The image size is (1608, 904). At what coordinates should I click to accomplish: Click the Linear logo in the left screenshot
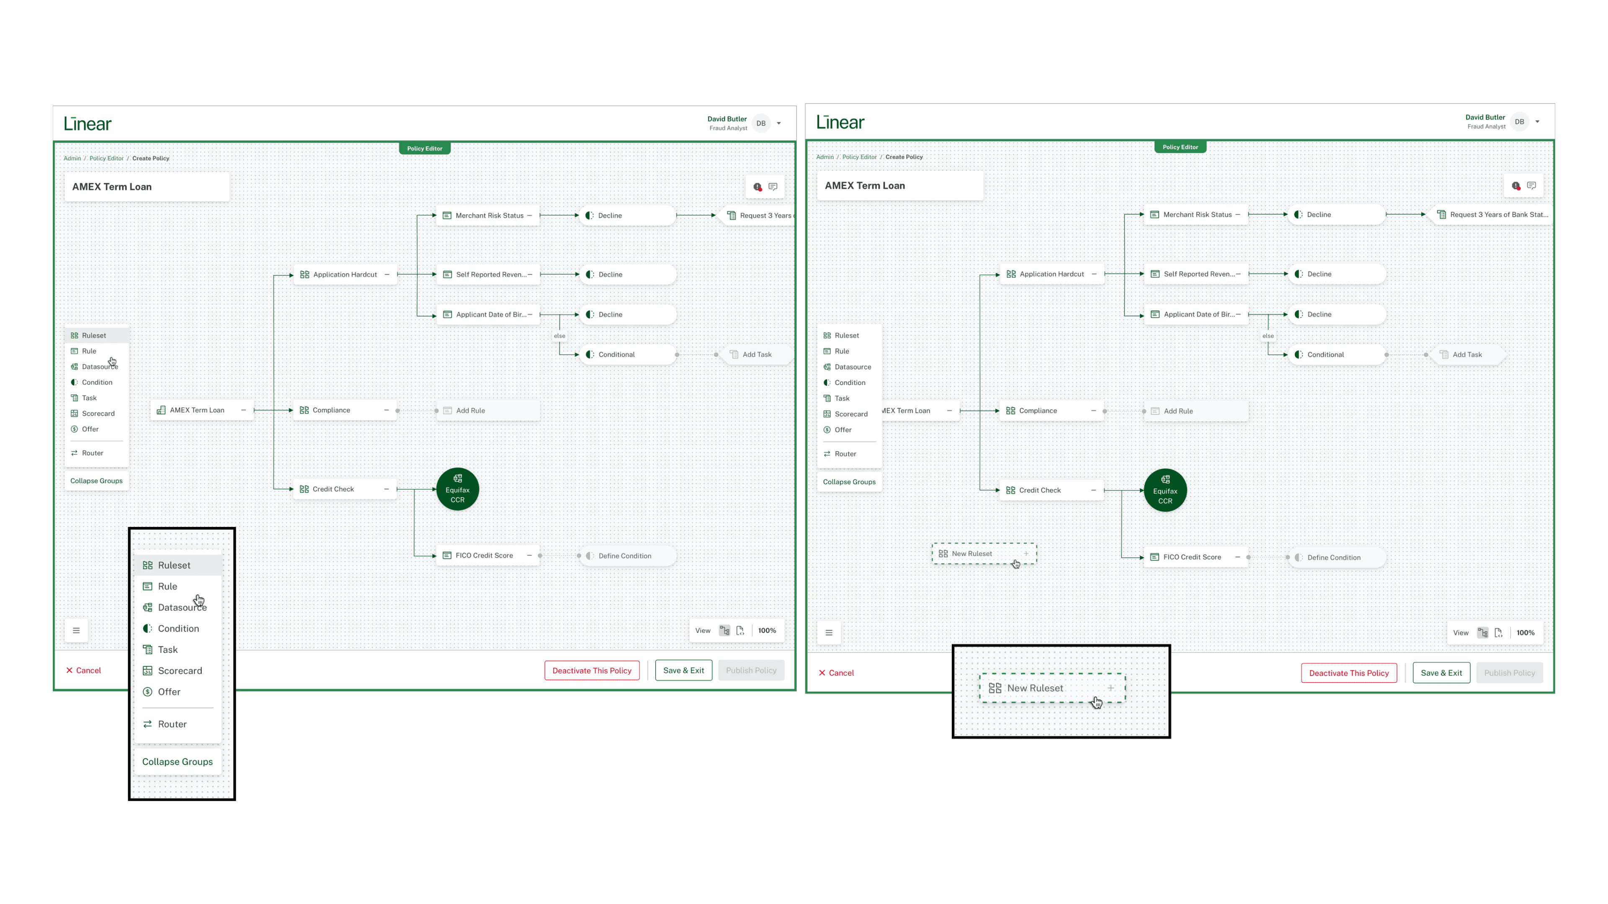click(x=88, y=123)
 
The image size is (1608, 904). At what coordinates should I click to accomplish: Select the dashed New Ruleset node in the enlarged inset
click(x=1052, y=688)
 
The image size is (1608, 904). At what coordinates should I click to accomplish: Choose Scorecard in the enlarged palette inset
click(x=179, y=670)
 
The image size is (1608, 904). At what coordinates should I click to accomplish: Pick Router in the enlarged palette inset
click(x=172, y=724)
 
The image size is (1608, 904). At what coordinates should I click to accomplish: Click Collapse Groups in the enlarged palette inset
click(x=177, y=762)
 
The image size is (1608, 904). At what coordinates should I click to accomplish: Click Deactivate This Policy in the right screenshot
click(x=1348, y=673)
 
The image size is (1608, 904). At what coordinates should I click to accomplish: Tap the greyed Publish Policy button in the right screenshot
click(x=1509, y=673)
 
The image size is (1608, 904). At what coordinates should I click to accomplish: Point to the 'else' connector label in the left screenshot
click(x=559, y=336)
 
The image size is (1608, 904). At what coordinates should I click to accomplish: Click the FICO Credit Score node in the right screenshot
click(x=1192, y=557)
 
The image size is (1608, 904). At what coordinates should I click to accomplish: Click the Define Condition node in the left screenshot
click(x=624, y=556)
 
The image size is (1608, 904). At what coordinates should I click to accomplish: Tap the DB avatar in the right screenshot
click(x=1519, y=122)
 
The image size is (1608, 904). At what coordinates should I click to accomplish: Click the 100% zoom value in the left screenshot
click(x=767, y=631)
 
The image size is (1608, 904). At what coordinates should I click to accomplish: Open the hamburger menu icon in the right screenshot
click(x=828, y=633)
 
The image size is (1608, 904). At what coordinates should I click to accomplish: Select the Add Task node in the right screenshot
click(x=1466, y=354)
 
